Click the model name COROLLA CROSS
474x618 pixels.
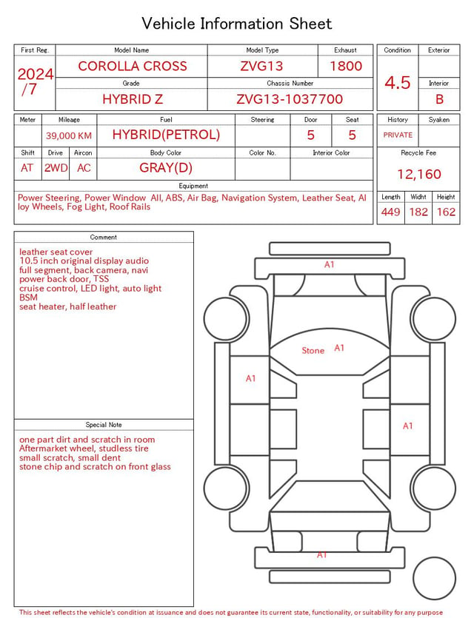pos(133,66)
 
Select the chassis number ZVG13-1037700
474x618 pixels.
pos(290,99)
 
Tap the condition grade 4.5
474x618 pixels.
pos(398,83)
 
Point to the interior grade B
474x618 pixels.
pos(439,99)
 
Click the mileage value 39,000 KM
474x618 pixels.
pos(69,136)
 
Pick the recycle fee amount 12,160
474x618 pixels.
pos(418,174)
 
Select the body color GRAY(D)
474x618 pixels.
pos(166,168)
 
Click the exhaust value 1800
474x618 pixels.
pos(346,66)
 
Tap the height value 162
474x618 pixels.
pos(446,212)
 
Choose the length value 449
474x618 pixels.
pos(391,212)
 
